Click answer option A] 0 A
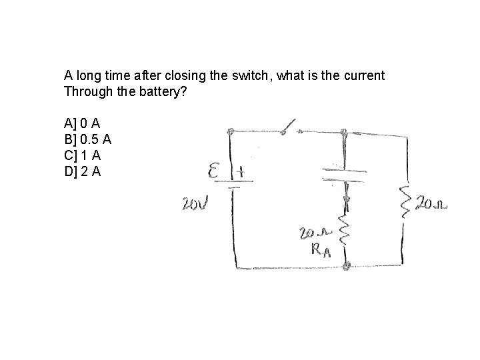[82, 123]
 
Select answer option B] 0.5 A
[88, 139]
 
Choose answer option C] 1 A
[82, 155]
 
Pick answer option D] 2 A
[82, 171]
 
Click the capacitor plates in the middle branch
[344, 174]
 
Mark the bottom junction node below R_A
[346, 266]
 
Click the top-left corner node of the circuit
[231, 131]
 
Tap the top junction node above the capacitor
[344, 132]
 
